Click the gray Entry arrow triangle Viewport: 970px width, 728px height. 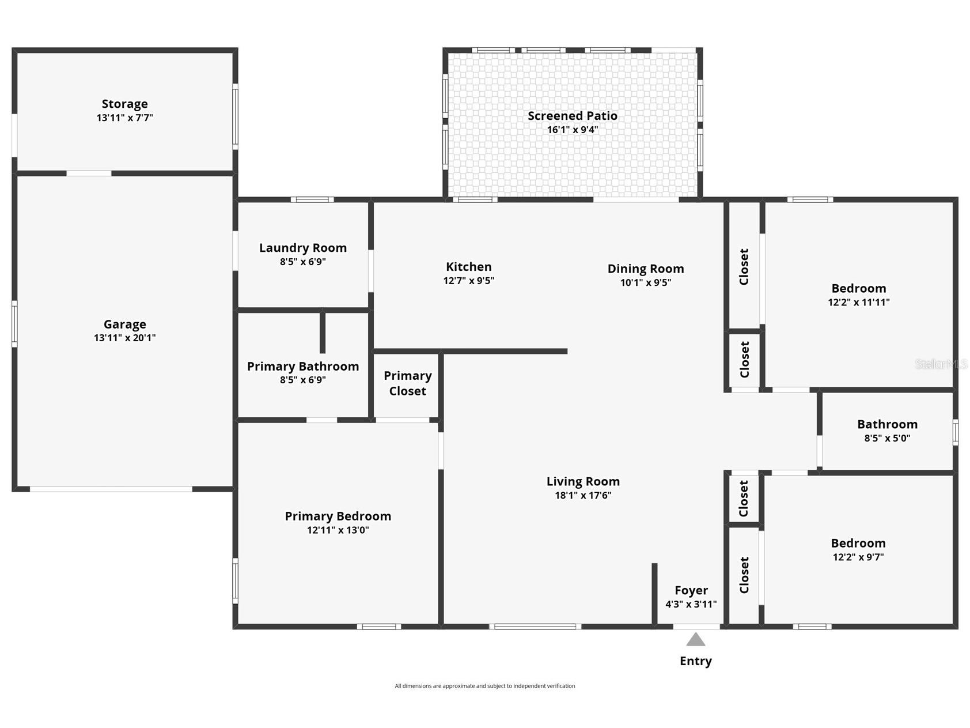(695, 640)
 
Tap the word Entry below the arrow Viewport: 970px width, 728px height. (695, 661)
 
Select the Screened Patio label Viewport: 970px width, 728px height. (573, 116)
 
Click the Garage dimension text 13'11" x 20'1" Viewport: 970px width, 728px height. (124, 338)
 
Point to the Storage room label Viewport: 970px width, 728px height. (124, 104)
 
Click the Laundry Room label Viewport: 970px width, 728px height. (303, 248)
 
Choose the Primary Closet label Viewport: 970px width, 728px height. (408, 383)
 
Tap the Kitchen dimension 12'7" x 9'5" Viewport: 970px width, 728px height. (468, 281)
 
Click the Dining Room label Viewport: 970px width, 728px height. (646, 269)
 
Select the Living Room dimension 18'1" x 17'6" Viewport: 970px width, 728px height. (583, 495)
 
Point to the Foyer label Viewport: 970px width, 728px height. (691, 590)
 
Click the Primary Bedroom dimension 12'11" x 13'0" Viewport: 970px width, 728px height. (338, 530)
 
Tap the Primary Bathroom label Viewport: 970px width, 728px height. (303, 367)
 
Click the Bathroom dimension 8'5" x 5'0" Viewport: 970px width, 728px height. (887, 438)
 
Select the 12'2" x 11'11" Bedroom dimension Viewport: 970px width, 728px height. (858, 302)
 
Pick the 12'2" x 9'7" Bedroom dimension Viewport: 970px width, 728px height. (858, 557)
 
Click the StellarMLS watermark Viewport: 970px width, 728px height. (941, 364)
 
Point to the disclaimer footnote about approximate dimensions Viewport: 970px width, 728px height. (484, 686)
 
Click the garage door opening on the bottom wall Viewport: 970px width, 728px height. (111, 489)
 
